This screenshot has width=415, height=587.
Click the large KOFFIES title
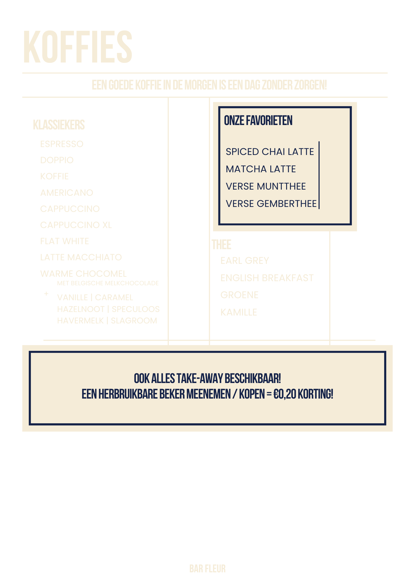(x=78, y=47)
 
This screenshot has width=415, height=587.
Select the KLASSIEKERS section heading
(x=59, y=125)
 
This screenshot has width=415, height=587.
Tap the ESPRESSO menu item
(x=62, y=144)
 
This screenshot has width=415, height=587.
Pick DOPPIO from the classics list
(x=57, y=160)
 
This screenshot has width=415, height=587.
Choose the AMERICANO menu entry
(x=67, y=193)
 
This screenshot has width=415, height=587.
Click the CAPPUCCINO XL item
(x=76, y=225)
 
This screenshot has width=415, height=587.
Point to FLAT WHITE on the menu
(x=65, y=241)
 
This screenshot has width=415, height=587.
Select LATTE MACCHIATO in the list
(x=81, y=257)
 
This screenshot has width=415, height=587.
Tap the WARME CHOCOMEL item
(x=83, y=274)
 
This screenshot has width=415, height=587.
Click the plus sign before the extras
(x=46, y=294)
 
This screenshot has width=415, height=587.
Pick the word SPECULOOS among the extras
(x=136, y=309)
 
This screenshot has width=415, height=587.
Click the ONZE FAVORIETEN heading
(x=258, y=121)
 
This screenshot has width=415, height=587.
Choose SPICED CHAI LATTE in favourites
(x=270, y=152)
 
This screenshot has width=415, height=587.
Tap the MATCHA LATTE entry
(x=261, y=169)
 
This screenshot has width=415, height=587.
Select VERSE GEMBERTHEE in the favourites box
(x=271, y=204)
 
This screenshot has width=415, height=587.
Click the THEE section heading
(x=222, y=244)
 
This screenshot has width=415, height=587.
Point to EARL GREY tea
(x=245, y=261)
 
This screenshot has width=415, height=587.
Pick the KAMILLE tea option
(x=239, y=312)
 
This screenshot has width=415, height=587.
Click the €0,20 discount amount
(x=285, y=394)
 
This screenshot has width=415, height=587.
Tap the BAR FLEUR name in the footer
(x=207, y=569)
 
